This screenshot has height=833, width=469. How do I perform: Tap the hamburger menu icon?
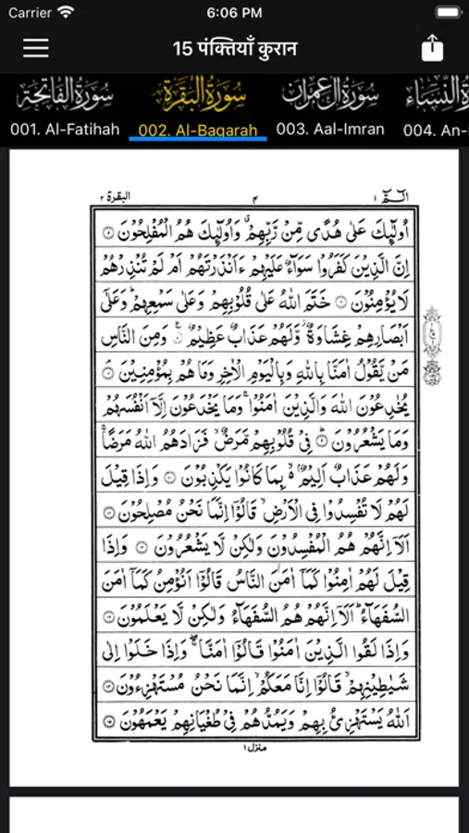[x=36, y=48]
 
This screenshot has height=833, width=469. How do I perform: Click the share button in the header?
[x=433, y=48]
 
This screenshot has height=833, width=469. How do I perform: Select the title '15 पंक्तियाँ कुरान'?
[x=234, y=48]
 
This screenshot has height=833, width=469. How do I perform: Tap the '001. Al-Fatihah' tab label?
[x=65, y=130]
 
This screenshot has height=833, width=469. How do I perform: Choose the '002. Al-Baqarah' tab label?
[x=198, y=130]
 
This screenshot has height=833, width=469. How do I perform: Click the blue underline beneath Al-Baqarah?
[x=198, y=140]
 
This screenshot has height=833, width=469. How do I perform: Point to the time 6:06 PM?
[x=234, y=13]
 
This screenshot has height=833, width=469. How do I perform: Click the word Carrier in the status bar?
[x=30, y=13]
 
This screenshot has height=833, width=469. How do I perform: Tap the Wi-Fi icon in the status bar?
[x=66, y=13]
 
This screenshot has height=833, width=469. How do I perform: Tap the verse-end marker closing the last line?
[x=109, y=721]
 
